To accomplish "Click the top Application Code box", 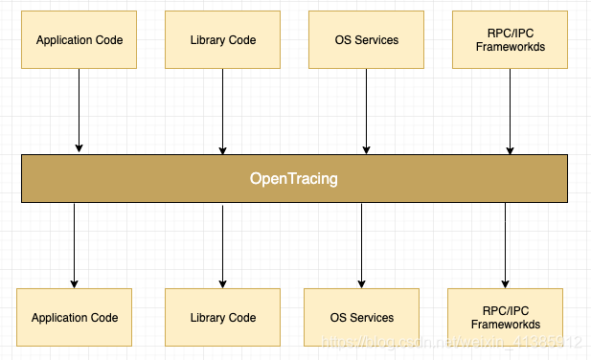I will (80, 40).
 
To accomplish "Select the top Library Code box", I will (223, 40).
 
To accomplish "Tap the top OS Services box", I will (366, 40).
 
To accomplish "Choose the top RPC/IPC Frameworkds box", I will (510, 40).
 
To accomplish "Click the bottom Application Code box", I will (75, 317).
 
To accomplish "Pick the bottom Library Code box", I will (223, 317).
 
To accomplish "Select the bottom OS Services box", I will (361, 317).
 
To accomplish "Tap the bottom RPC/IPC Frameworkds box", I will (505, 317).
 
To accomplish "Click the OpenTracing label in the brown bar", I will (294, 178).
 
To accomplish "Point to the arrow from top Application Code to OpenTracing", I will (80, 110).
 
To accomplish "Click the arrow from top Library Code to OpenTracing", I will (223, 110).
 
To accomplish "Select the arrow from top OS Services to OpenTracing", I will (366, 110).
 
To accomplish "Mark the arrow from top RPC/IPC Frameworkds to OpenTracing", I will (510, 110).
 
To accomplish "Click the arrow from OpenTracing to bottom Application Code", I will (75, 244).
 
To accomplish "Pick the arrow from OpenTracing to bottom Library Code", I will (223, 244).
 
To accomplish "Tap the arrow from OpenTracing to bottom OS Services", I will (361, 244).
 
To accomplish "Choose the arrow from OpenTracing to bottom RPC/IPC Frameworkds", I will (505, 244).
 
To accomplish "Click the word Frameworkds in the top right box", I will (510, 47).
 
